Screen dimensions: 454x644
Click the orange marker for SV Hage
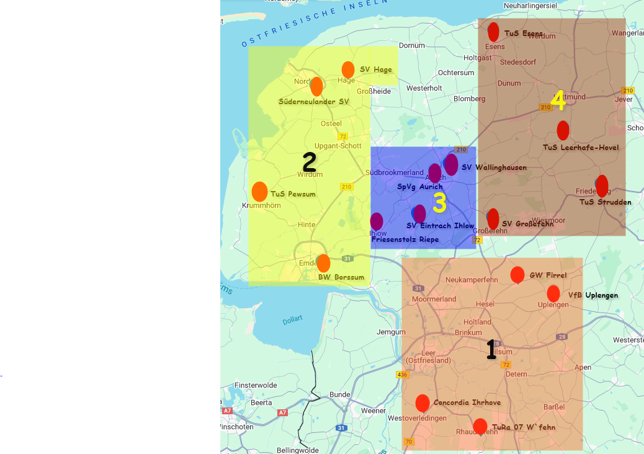(x=348, y=69)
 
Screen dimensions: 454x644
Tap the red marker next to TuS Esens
(x=493, y=32)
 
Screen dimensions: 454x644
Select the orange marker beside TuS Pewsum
(x=260, y=192)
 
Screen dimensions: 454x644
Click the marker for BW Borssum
(x=323, y=263)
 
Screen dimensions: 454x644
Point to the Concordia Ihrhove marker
(x=423, y=403)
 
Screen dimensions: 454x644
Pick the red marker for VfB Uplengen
(x=553, y=293)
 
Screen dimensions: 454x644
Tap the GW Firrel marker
(x=517, y=274)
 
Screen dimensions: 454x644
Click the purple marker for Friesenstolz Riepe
(x=377, y=221)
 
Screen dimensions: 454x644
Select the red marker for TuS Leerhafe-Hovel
(x=563, y=130)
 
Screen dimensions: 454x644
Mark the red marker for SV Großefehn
(x=493, y=218)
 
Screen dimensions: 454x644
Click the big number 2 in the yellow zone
(x=309, y=162)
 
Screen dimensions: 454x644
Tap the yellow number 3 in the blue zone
(x=439, y=203)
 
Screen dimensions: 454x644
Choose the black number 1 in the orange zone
(x=491, y=349)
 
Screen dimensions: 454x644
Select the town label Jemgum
(x=390, y=332)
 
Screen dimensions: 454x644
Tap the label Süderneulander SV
(x=314, y=101)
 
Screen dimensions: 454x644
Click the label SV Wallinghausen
(x=494, y=167)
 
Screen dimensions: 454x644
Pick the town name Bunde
(x=340, y=394)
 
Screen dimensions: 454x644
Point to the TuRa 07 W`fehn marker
(x=480, y=426)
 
